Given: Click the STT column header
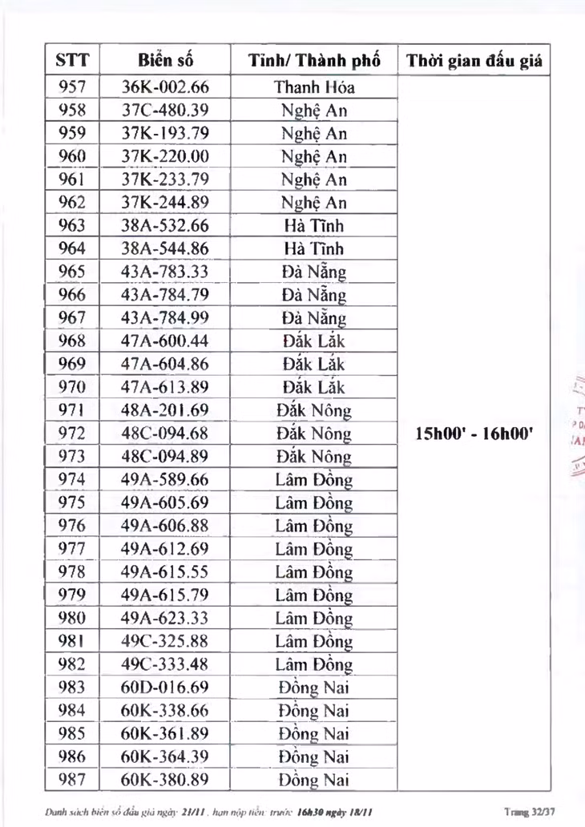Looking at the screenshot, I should [x=72, y=60].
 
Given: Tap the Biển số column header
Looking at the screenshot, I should [x=165, y=60].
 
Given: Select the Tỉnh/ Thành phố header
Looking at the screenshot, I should [x=314, y=60].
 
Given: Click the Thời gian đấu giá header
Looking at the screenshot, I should [x=474, y=60].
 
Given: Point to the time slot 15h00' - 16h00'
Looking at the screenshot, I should [x=475, y=434].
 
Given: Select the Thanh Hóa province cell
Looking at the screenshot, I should [x=314, y=87].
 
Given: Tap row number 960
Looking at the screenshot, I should [x=72, y=156].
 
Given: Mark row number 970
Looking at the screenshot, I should [x=72, y=387].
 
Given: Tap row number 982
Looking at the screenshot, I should [x=72, y=664].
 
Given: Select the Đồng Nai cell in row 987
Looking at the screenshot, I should [x=314, y=780].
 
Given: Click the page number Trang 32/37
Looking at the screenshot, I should [x=532, y=812].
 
